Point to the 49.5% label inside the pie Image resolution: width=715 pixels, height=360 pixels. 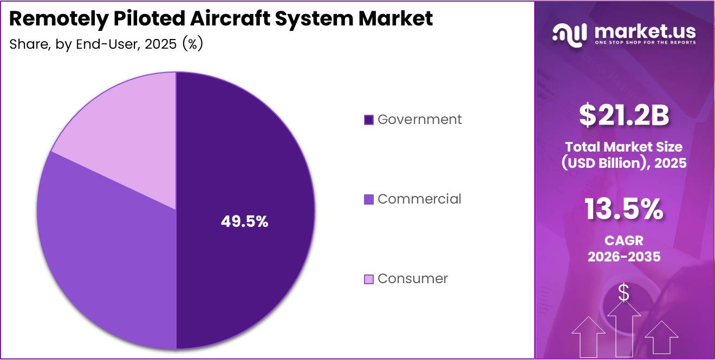point(244,221)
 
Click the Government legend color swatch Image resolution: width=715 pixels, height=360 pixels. point(369,120)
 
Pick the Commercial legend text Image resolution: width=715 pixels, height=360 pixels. point(419,199)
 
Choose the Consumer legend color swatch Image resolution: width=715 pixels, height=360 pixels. point(369,279)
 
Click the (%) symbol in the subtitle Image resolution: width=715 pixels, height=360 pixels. point(192,44)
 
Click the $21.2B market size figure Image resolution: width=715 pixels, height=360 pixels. point(624,115)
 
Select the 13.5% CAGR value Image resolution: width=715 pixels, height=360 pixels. point(624,210)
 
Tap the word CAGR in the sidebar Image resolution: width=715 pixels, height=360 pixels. point(624,240)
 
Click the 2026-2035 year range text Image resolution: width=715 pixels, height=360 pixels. point(624,257)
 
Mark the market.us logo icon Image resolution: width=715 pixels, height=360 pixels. point(569,34)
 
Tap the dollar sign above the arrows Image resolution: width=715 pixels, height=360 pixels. point(623,293)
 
